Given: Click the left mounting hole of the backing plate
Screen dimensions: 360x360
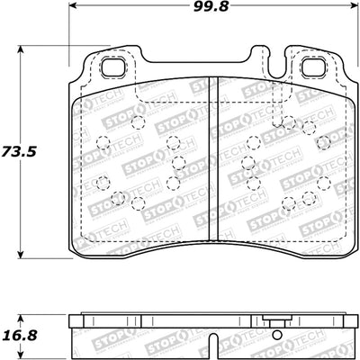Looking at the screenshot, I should (114, 67).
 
